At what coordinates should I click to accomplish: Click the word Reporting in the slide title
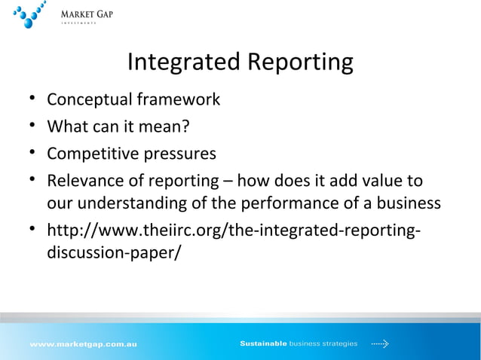pos(298,63)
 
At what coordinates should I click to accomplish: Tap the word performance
pos(280,203)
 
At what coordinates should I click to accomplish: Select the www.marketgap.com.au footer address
pos(83,344)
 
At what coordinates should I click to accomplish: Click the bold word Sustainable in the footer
pos(263,344)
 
